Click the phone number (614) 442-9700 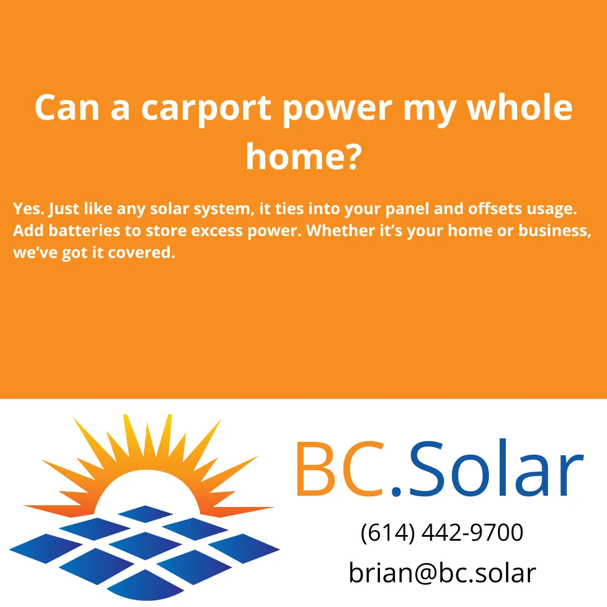[442, 532]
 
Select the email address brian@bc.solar [442, 573]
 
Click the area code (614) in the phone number [387, 532]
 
